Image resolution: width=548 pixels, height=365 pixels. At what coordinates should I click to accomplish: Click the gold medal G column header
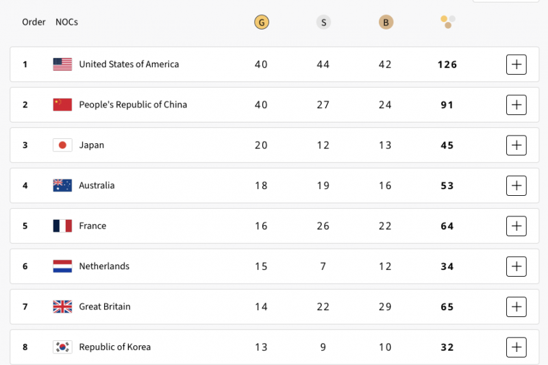(261, 23)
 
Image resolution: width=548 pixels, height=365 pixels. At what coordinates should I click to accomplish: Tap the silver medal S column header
(323, 23)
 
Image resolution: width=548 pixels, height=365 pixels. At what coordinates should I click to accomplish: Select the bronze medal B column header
(386, 23)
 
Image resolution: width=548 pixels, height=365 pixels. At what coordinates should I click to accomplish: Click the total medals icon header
(447, 22)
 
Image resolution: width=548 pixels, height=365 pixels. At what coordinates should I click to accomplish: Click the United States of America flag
(62, 64)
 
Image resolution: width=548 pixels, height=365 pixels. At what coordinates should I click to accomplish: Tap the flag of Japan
(62, 145)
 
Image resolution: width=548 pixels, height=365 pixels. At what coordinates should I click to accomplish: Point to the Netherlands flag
(62, 266)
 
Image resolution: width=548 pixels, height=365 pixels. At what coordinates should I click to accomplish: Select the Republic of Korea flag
(62, 347)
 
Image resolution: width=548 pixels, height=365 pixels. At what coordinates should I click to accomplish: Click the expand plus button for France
(516, 226)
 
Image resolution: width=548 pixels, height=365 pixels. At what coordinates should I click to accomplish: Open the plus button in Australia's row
(516, 186)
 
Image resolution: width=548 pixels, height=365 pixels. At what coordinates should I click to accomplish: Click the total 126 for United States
(447, 65)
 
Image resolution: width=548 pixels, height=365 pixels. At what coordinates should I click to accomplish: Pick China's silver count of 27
(323, 105)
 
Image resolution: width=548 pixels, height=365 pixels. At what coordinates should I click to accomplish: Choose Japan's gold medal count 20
(261, 145)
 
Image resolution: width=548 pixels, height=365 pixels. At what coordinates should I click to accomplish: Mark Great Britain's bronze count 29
(386, 307)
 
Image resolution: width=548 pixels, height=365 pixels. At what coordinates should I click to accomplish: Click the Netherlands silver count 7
(323, 266)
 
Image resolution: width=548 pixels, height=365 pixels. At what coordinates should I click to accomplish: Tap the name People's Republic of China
(133, 105)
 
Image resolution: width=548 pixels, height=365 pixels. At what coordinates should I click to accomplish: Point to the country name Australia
(97, 186)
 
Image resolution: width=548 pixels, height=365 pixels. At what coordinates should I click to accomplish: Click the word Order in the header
(34, 22)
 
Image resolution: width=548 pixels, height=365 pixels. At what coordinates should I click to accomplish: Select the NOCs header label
(66, 22)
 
